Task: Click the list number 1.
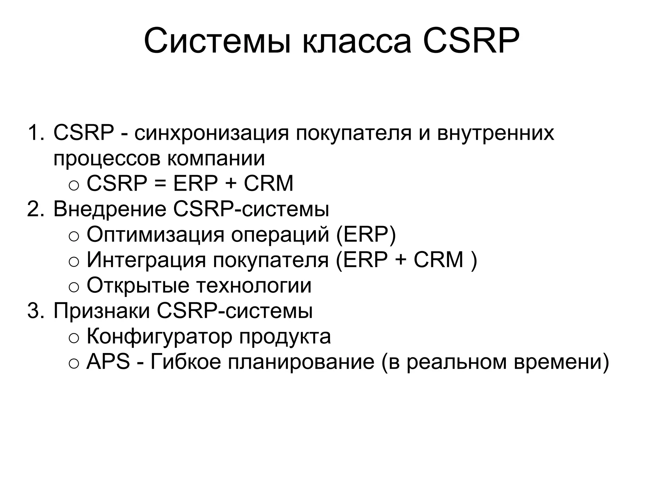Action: [x=35, y=133]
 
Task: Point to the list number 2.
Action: [x=35, y=209]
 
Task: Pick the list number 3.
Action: [x=35, y=311]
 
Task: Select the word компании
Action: [x=216, y=158]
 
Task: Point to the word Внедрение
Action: [x=110, y=209]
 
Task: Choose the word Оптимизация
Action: [x=155, y=234]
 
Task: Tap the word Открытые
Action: [x=138, y=285]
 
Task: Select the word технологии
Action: [x=254, y=285]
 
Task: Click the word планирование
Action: [x=301, y=362]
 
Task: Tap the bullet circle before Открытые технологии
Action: [x=74, y=287]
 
